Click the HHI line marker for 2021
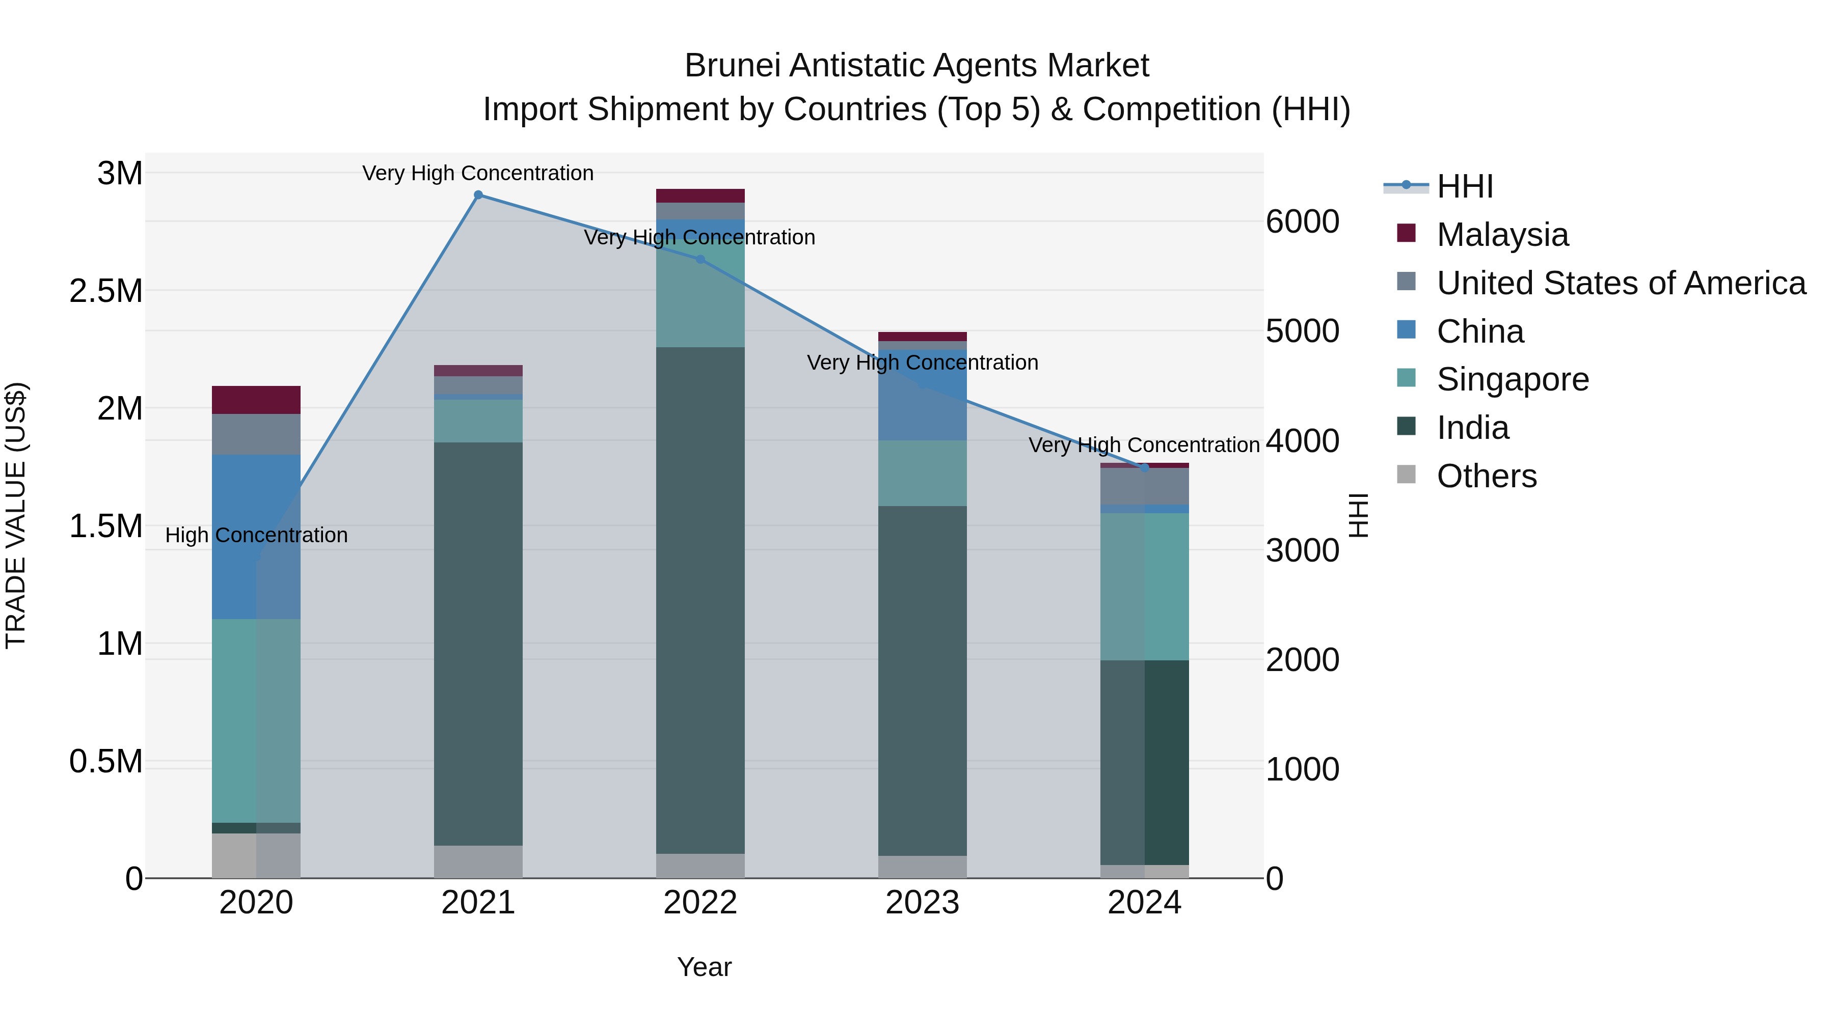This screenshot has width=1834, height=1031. tap(478, 195)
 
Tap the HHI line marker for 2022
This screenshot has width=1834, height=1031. tap(700, 260)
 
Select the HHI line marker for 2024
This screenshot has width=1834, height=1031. tap(1145, 467)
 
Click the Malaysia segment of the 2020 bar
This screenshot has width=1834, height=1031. tap(256, 400)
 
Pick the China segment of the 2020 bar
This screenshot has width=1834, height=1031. tap(256, 537)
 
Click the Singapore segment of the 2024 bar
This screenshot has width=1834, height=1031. tap(1145, 587)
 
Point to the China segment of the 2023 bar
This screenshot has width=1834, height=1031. tap(923, 395)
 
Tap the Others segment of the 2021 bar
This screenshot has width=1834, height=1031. tap(478, 861)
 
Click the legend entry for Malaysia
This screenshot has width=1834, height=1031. tap(1502, 235)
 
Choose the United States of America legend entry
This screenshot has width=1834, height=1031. tap(1621, 283)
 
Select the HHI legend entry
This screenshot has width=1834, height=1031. tap(1465, 186)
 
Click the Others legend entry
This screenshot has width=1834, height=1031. tap(1487, 476)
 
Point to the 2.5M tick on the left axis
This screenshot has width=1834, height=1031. tap(106, 291)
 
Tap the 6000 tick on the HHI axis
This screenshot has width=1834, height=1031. tap(1302, 221)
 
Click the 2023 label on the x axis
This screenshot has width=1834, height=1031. tap(923, 903)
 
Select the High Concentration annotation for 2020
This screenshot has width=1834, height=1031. tap(256, 535)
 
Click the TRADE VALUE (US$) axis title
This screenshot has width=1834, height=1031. tap(16, 515)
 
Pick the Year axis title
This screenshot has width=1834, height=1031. tap(704, 967)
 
